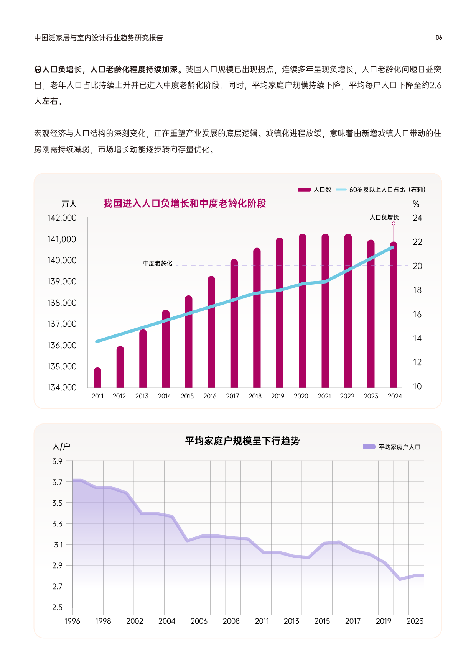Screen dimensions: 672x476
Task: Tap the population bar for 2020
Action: pyautogui.click(x=302, y=311)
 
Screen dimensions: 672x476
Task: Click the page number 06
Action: pyautogui.click(x=439, y=38)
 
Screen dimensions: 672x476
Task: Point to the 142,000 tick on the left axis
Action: pyautogui.click(x=62, y=218)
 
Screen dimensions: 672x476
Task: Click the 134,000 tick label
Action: pyautogui.click(x=62, y=388)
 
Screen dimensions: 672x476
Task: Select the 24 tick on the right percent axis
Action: pyautogui.click(x=417, y=218)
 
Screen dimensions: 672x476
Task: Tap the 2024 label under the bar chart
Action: pyautogui.click(x=395, y=396)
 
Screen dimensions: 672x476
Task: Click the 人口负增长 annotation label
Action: pyautogui.click(x=384, y=217)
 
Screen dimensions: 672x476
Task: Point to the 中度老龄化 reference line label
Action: pyautogui.click(x=158, y=263)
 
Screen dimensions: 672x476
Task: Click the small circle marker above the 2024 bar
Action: pyautogui.click(x=394, y=223)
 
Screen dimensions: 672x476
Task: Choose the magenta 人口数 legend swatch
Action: pyautogui.click(x=305, y=190)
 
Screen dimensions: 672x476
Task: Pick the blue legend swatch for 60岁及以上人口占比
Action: pyautogui.click(x=341, y=190)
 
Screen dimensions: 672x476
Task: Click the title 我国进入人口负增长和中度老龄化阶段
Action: pyautogui.click(x=184, y=203)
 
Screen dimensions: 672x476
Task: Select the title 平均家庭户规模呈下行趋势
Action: pyautogui.click(x=242, y=441)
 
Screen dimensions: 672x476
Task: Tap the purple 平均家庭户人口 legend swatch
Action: pyautogui.click(x=369, y=447)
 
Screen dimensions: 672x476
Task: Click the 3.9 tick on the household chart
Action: pyautogui.click(x=57, y=461)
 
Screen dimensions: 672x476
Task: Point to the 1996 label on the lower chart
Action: pyautogui.click(x=72, y=621)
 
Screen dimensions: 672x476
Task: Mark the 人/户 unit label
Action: pyautogui.click(x=61, y=446)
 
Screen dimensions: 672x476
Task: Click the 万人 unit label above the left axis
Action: pyautogui.click(x=69, y=204)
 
